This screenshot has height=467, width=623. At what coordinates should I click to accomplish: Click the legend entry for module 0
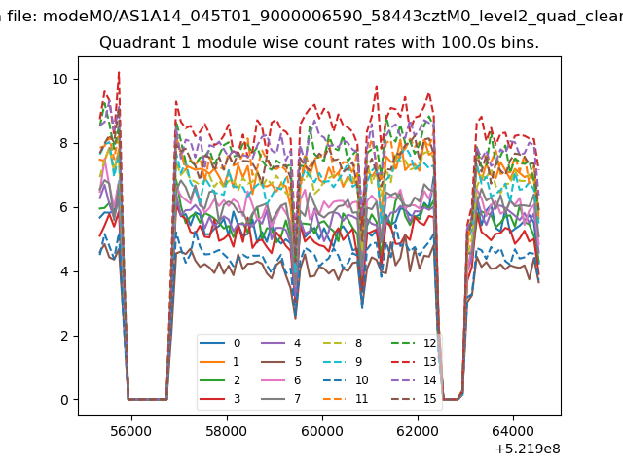tap(220, 343)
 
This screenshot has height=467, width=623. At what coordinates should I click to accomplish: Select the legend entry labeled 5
tap(281, 362)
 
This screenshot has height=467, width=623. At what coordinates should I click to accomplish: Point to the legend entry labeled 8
tap(342, 343)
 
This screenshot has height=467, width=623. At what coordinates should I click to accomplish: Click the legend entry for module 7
tap(281, 398)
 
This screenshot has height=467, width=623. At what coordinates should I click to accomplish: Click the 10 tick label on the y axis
tap(59, 79)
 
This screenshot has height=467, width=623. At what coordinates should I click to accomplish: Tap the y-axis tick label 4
tap(63, 271)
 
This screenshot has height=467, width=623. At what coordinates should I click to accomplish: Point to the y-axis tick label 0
tap(64, 400)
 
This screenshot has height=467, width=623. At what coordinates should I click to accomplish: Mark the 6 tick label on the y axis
tap(63, 207)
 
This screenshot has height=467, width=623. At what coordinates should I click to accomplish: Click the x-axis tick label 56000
tap(131, 431)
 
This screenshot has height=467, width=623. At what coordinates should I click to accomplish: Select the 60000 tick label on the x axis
tap(322, 431)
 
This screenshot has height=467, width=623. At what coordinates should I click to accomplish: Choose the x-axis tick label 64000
tap(513, 431)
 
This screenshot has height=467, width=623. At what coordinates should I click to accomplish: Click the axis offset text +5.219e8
tap(528, 449)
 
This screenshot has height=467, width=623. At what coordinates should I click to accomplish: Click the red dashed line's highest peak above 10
tap(119, 72)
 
